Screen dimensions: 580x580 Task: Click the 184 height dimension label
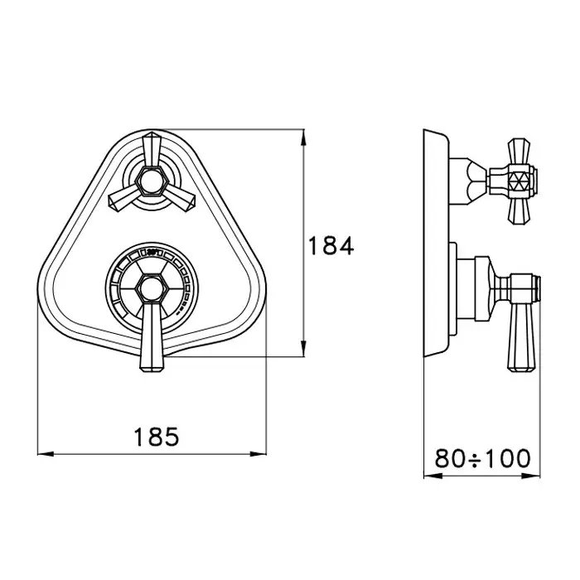pos(331,246)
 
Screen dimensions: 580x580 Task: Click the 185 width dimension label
pos(156,437)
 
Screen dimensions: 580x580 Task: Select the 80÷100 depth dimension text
pos(482,459)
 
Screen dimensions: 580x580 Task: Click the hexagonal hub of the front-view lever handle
pos(152,289)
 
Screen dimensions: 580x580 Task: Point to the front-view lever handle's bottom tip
pos(152,370)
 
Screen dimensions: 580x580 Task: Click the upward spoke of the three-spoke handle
pos(152,150)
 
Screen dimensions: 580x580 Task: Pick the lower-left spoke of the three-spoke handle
pos(124,199)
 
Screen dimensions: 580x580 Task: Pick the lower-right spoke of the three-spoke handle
pos(179,199)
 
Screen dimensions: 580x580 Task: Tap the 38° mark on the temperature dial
pos(152,252)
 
